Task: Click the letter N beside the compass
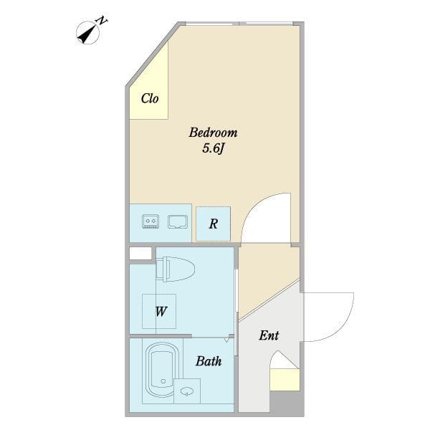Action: tap(102, 21)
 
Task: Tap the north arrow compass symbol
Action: tap(87, 33)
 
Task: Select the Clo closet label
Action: tap(150, 98)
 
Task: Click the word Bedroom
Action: tap(213, 133)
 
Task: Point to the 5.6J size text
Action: tap(214, 149)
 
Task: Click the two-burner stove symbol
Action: tap(150, 221)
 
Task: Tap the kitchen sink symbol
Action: tap(178, 221)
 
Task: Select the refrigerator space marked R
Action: tap(214, 224)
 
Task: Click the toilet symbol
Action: tap(176, 269)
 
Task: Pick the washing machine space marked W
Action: tap(159, 312)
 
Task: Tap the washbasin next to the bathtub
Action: tap(187, 391)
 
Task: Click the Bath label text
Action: tap(209, 361)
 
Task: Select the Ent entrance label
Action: tap(269, 335)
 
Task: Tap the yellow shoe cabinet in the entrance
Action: tap(285, 380)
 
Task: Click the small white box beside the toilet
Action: tap(140, 253)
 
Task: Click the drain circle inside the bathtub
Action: tap(163, 381)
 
